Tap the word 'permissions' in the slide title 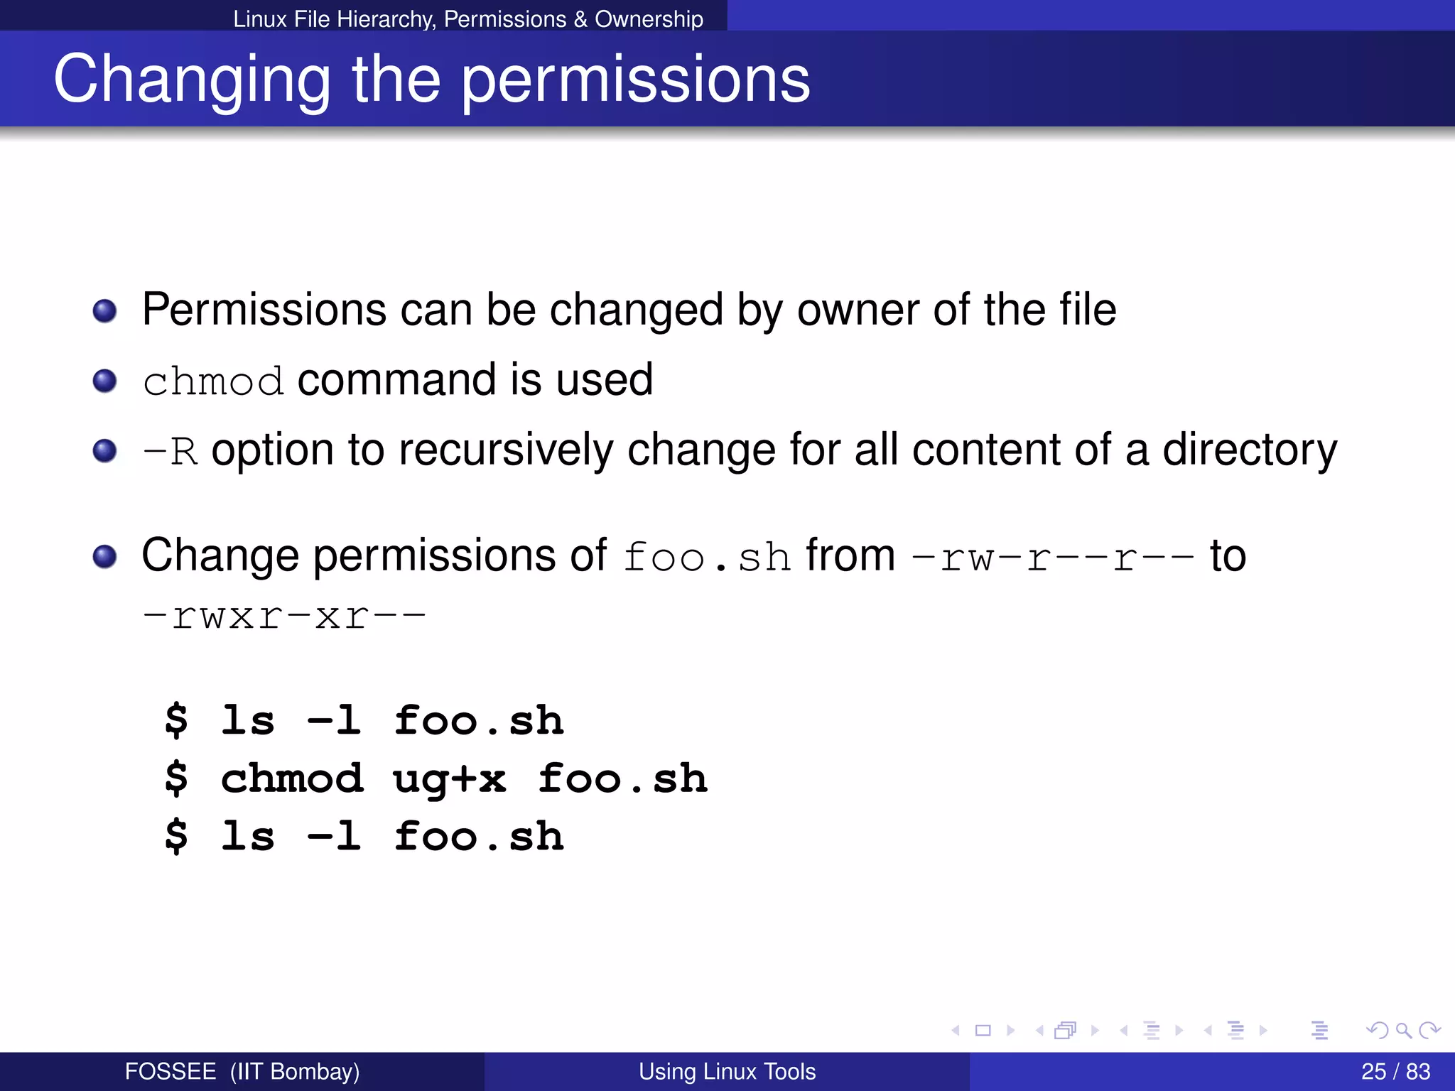pos(636,80)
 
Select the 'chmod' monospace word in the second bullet pos(213,381)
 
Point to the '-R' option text pos(170,451)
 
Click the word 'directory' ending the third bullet pos(1249,451)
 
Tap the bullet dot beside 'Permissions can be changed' pos(105,311)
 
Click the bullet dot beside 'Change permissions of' pos(105,557)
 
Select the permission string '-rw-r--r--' pos(1052,558)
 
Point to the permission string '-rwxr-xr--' pos(284,616)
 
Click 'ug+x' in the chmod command pos(449,779)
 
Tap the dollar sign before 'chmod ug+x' pos(176,778)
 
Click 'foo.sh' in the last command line pos(479,836)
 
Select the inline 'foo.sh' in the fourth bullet pos(707,558)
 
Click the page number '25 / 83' pos(1395,1071)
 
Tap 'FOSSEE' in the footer pos(171,1071)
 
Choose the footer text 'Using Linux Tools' pos(727,1071)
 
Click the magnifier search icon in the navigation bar pos(1402,1030)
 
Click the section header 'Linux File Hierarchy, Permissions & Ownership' pos(468,18)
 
